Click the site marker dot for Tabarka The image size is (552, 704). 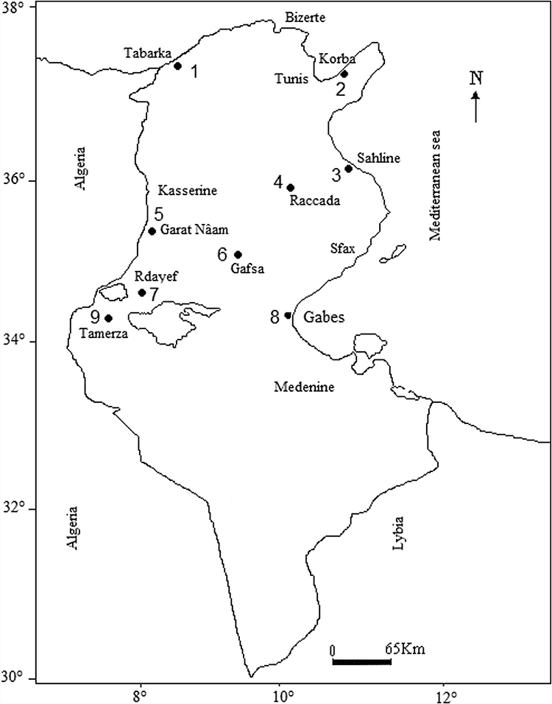pos(177,66)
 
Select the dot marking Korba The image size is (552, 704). pos(344,74)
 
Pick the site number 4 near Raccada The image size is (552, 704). pos(277,181)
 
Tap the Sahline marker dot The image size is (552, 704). pos(349,168)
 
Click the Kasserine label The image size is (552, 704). pos(187,190)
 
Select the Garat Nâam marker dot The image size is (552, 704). pos(152,231)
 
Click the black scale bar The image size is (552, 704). pos(361,661)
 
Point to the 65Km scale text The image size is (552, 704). pos(406,650)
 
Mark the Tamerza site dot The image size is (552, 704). pos(108,318)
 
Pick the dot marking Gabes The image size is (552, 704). pos(288,315)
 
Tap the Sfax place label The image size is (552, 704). pos(342,249)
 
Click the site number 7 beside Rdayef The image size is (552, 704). pos(154,294)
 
